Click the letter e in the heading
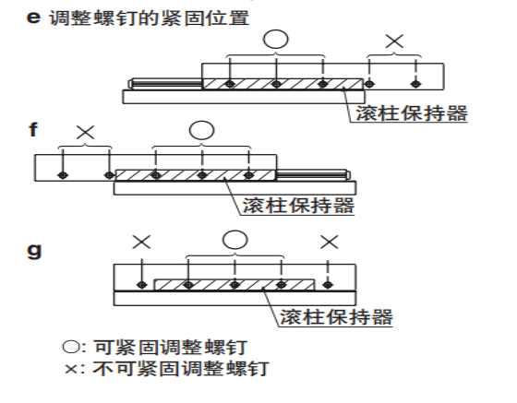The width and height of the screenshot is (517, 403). point(33,18)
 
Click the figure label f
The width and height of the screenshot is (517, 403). point(33,129)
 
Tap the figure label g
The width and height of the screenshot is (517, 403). point(34,251)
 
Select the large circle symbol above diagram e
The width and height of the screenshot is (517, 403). point(276,39)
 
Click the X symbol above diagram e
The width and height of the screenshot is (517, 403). point(394,41)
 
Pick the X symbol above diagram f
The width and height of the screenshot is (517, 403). point(85,133)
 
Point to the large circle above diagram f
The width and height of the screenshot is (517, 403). point(202,130)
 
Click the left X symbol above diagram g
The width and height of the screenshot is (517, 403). point(141,242)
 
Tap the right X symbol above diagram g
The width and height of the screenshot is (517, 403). point(330,242)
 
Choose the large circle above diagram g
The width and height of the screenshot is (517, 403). point(234,240)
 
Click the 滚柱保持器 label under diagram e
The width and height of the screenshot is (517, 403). point(412,113)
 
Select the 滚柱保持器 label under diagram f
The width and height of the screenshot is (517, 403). point(298,206)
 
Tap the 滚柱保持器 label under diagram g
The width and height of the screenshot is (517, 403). point(336,317)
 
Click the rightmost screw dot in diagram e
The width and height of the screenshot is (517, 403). point(416,84)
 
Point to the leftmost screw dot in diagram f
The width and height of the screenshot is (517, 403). point(63,175)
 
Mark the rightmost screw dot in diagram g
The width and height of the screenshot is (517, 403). point(328,284)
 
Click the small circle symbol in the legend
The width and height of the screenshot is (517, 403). point(70,348)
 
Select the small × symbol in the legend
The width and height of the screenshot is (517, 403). point(71,369)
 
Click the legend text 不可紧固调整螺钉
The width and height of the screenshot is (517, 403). point(180,369)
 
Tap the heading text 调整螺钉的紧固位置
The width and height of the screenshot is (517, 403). point(149,18)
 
